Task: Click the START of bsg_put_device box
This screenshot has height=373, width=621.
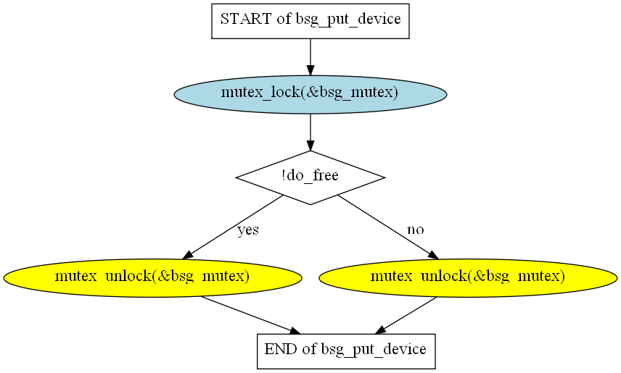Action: click(x=310, y=21)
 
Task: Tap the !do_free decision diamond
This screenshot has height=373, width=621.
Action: click(x=310, y=177)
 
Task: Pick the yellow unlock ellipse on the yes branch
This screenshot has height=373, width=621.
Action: click(x=153, y=278)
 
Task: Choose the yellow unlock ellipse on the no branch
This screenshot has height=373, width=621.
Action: click(x=468, y=278)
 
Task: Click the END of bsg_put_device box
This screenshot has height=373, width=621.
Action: click(x=346, y=351)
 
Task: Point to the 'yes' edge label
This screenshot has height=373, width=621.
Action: click(x=248, y=230)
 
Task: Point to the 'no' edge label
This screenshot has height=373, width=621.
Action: click(x=416, y=230)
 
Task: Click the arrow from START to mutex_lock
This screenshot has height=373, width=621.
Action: click(x=310, y=57)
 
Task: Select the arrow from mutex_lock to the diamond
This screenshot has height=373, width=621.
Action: click(x=310, y=132)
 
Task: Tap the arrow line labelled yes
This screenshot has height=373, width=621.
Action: click(x=233, y=227)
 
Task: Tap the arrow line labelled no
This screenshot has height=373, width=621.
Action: click(x=389, y=227)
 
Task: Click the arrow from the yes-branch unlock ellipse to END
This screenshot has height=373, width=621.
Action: click(x=251, y=315)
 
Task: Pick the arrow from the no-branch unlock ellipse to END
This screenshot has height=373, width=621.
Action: click(x=406, y=315)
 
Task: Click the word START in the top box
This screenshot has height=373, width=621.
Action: click(x=246, y=19)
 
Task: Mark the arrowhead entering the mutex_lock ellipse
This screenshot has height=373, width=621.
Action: click(x=310, y=70)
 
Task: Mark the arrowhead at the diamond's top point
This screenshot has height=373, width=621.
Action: click(x=310, y=145)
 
